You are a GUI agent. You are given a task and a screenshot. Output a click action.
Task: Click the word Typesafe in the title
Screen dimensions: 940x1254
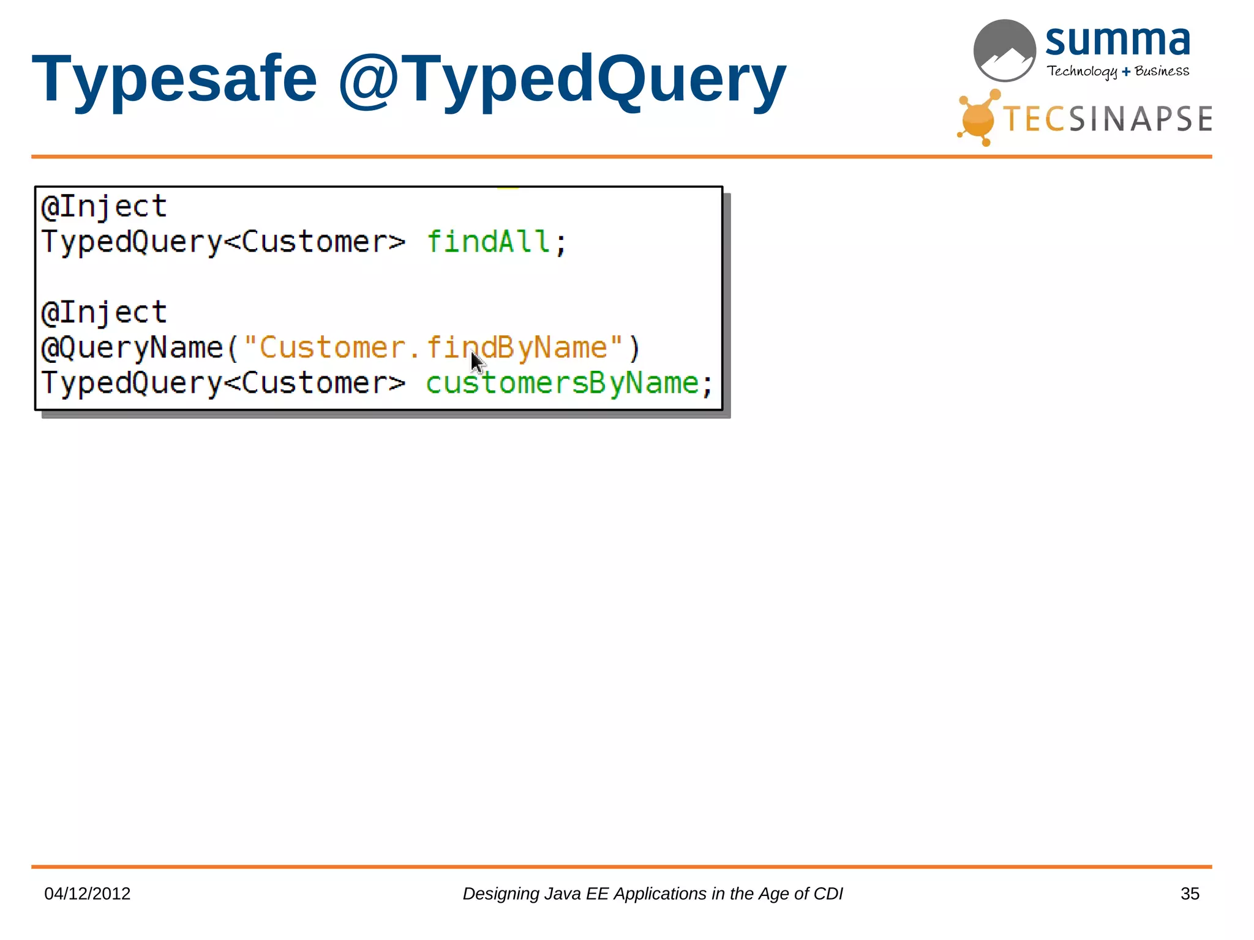pos(175,80)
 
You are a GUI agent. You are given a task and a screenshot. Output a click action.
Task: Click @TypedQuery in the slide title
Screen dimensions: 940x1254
pos(562,80)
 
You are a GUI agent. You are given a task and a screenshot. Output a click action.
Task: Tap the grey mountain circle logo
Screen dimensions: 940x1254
pos(1004,50)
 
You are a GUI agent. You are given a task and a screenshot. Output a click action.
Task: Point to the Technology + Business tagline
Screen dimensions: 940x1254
pos(1117,72)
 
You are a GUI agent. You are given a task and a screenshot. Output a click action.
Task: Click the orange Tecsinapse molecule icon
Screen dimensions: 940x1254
pos(978,119)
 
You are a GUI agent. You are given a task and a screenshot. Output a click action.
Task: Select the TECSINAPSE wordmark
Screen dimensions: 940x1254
pos(1107,119)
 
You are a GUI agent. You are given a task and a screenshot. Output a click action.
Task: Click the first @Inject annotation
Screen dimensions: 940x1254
pos(104,207)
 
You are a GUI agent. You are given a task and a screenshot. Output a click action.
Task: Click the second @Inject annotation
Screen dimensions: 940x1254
pos(104,313)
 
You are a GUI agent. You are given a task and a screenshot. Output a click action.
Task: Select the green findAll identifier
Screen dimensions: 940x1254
pos(488,242)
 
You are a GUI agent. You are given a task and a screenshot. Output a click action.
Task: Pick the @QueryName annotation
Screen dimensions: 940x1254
pos(132,348)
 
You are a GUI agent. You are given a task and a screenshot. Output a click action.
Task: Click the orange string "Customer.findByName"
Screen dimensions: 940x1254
pos(433,348)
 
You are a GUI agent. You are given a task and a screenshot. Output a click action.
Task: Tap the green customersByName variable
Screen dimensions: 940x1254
pos(562,384)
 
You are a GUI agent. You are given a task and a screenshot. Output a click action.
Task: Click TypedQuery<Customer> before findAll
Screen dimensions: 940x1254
pos(223,242)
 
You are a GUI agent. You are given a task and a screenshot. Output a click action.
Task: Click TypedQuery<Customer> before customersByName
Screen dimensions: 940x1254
pos(223,384)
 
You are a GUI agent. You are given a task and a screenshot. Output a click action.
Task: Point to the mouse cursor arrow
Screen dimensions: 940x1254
pos(477,362)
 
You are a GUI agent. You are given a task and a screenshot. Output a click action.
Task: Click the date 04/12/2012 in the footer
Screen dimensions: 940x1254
pos(88,893)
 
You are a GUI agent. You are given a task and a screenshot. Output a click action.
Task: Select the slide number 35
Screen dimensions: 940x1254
pos(1190,893)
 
